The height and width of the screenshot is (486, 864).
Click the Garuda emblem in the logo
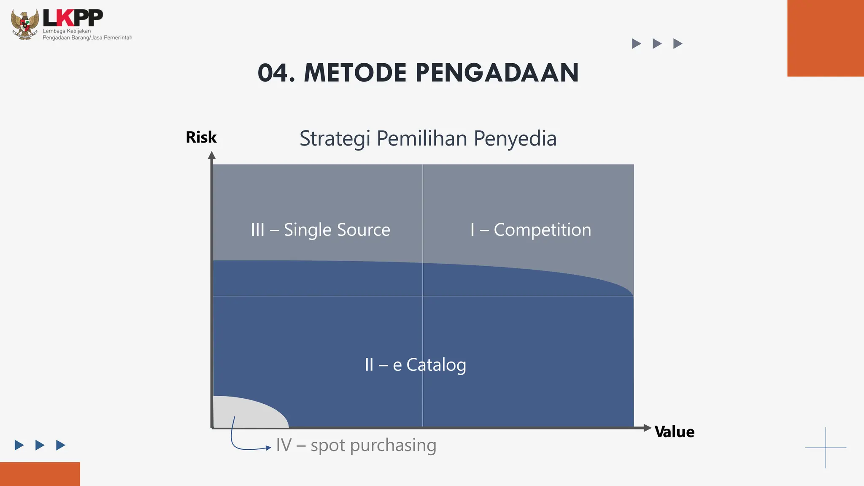[25, 24]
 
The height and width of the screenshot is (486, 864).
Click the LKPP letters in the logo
[73, 18]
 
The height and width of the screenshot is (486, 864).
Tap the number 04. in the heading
[276, 73]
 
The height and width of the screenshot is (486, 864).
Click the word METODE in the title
[355, 73]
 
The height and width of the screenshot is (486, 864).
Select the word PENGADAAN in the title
[497, 73]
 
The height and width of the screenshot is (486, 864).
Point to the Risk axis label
[201, 138]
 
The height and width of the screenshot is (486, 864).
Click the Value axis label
[674, 432]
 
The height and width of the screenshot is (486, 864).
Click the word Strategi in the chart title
[335, 139]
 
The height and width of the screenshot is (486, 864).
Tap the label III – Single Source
[321, 230]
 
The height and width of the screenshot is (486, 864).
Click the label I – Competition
[531, 230]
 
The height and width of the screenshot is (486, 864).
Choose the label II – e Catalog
[415, 365]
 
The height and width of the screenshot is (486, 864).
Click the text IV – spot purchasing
[356, 445]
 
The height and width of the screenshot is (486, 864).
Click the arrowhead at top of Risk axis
[212, 156]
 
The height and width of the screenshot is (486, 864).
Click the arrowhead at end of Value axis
[648, 428]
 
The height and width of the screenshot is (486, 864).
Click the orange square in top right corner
[825, 38]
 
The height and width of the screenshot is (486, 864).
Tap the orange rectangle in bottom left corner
[40, 474]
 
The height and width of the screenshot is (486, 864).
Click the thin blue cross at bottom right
[826, 448]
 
